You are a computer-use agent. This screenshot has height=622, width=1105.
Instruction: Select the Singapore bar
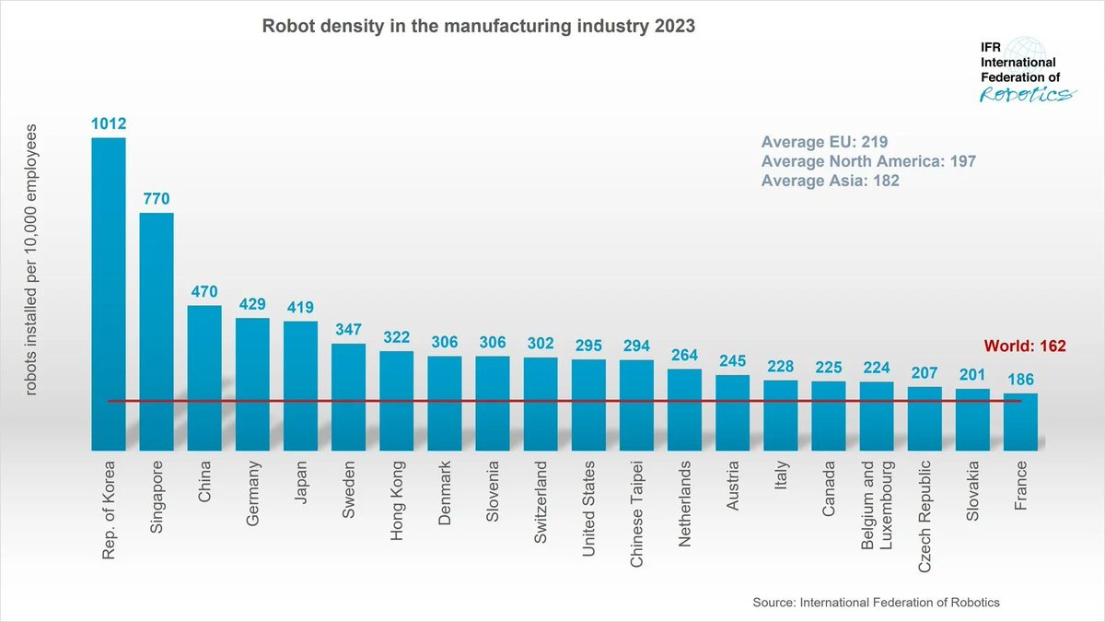pyautogui.click(x=156, y=331)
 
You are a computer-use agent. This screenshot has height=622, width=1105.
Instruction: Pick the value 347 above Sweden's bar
pyautogui.click(x=348, y=328)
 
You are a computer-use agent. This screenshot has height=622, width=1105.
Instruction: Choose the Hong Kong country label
pyautogui.click(x=396, y=501)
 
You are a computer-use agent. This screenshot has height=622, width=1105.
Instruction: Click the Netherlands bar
pyautogui.click(x=684, y=409)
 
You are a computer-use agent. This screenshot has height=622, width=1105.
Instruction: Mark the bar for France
pyautogui.click(x=1019, y=421)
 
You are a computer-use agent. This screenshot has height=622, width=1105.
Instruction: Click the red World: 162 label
pyautogui.click(x=1025, y=346)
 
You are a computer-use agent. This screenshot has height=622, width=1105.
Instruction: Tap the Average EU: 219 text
pyautogui.click(x=824, y=142)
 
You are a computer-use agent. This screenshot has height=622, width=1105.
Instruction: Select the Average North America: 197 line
pyautogui.click(x=868, y=161)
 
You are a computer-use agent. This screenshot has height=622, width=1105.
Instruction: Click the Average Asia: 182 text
pyautogui.click(x=830, y=182)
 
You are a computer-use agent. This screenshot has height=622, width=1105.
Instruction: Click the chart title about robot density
pyautogui.click(x=480, y=27)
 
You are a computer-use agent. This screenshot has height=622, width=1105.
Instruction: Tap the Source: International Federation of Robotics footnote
pyautogui.click(x=876, y=602)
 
